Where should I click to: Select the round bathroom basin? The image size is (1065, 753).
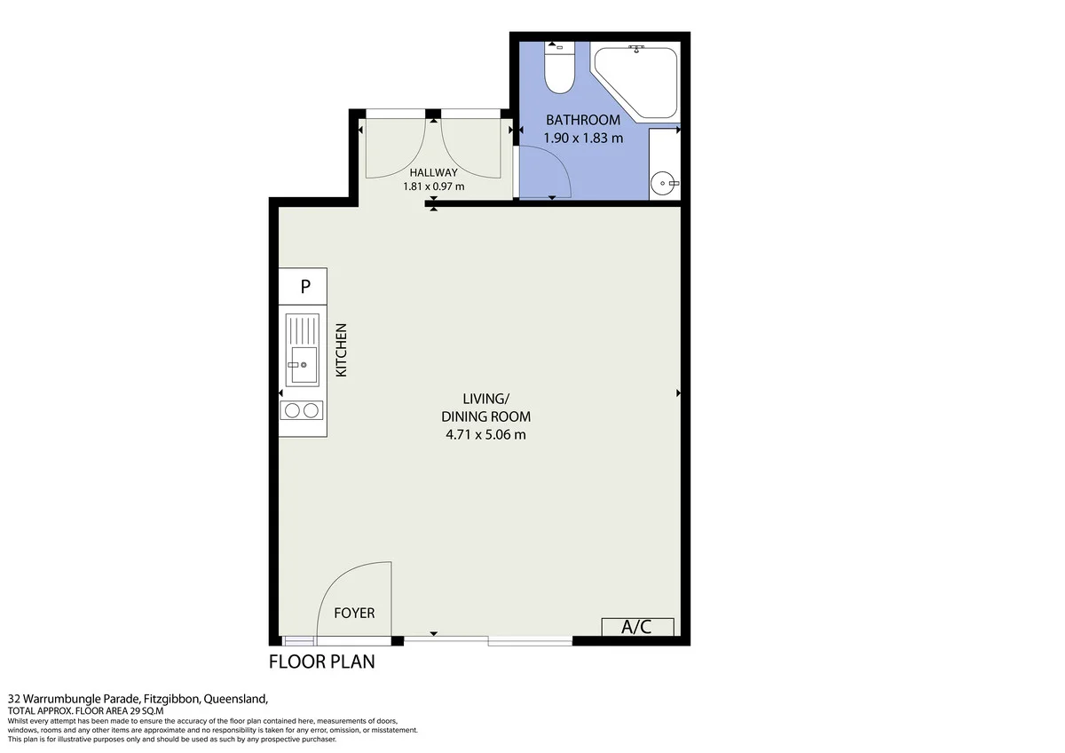(663, 183)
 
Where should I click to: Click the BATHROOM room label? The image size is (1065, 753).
(583, 120)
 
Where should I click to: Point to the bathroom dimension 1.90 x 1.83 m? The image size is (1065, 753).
(583, 138)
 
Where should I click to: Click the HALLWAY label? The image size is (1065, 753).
(434, 172)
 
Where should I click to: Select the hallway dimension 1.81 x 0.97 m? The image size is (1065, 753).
(434, 186)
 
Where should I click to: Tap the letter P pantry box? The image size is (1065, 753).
(303, 286)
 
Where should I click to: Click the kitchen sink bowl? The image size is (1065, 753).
(304, 364)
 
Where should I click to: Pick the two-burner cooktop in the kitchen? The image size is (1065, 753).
(302, 410)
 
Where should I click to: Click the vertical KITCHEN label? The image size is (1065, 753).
(342, 350)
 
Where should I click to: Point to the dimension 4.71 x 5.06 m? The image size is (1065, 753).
(486, 435)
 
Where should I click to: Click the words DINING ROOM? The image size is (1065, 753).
(486, 416)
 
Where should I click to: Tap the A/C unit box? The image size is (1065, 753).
(637, 627)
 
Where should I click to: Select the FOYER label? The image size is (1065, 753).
(354, 613)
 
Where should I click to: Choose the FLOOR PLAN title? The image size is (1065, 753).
(322, 662)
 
